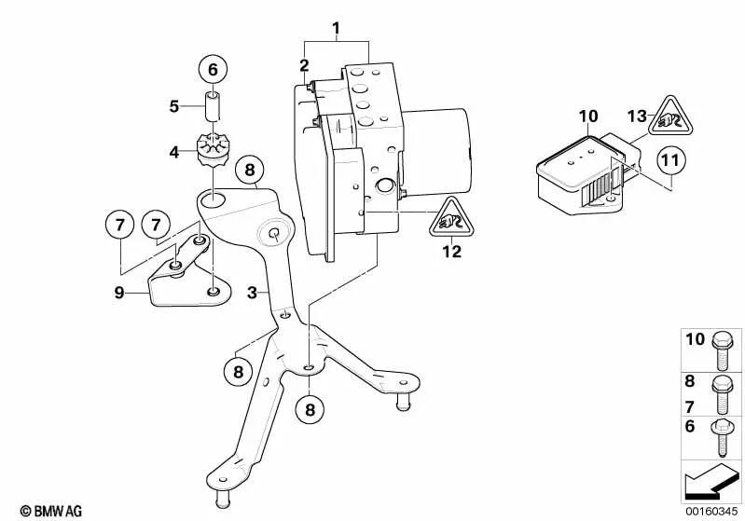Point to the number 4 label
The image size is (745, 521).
174,149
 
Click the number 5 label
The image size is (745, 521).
174,106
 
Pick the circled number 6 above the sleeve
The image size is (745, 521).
212,69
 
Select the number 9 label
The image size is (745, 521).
119,292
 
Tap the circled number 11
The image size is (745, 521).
670,161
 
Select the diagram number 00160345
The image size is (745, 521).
711,510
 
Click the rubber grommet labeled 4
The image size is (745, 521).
214,151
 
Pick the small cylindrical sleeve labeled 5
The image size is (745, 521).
212,105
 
